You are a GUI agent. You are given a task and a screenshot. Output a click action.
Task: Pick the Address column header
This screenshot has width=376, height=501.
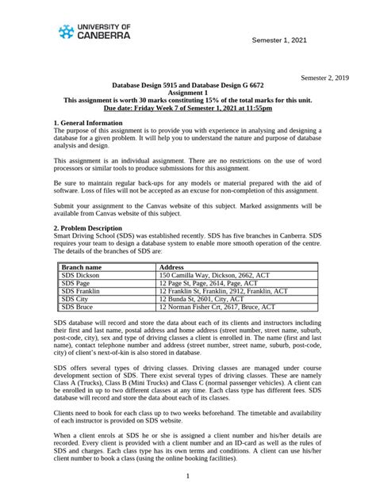(x=172, y=268)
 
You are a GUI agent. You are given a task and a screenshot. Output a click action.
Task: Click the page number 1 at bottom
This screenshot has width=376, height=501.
(x=187, y=476)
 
